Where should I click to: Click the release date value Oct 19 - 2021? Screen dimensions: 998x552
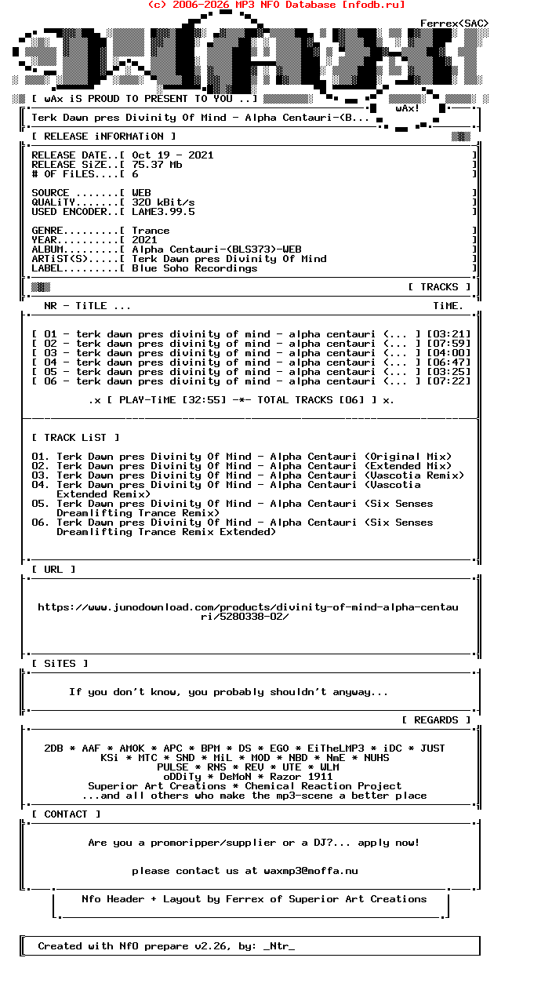point(172,155)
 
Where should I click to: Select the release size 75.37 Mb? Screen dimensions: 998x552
point(157,165)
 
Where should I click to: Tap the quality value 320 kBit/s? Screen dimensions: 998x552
point(163,202)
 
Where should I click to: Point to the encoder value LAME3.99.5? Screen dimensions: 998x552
point(163,212)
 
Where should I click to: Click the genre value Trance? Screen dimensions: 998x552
point(151,231)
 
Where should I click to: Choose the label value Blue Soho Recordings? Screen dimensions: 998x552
point(194,268)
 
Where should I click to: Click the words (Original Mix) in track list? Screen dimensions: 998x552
point(408,457)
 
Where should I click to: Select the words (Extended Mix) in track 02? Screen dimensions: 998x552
point(408,466)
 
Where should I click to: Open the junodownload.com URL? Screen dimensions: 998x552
point(248,611)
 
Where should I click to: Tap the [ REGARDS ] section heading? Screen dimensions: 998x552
point(436,720)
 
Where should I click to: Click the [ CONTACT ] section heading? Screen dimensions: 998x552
point(66,814)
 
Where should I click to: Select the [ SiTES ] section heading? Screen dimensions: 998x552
point(60,664)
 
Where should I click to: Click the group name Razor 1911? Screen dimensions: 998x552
point(301,777)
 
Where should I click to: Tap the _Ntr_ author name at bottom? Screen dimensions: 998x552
point(279,946)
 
